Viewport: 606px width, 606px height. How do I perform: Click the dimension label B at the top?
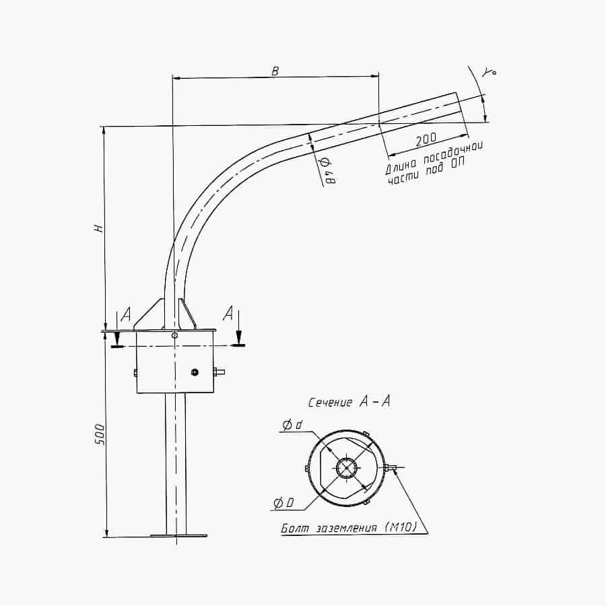pyautogui.click(x=275, y=71)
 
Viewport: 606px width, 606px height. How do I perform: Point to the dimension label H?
pyautogui.click(x=99, y=228)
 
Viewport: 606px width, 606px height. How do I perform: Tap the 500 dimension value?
pyautogui.click(x=100, y=434)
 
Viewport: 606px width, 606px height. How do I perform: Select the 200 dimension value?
pyautogui.click(x=426, y=139)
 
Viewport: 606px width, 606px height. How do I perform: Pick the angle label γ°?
pyautogui.click(x=489, y=71)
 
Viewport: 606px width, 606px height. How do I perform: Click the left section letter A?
pyautogui.click(x=126, y=314)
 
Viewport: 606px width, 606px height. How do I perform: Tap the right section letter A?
pyautogui.click(x=228, y=313)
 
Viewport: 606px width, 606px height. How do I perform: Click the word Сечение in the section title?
pyautogui.click(x=330, y=403)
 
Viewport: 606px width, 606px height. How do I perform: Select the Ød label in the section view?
pyautogui.click(x=292, y=426)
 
